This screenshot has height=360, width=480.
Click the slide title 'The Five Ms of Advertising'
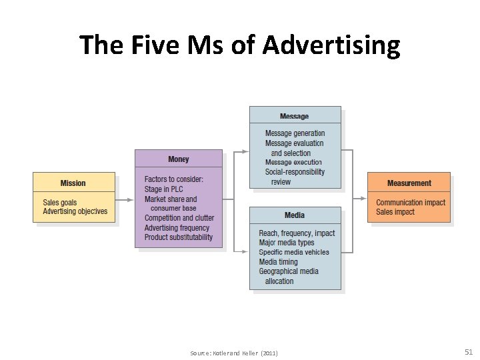pyautogui.click(x=240, y=46)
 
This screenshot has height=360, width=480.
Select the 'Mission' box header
pyautogui.click(x=73, y=183)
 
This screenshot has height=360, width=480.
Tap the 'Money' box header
pyautogui.click(x=179, y=159)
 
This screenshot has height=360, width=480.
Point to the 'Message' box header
pyautogui.click(x=295, y=116)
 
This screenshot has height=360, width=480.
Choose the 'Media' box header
pyautogui.click(x=295, y=215)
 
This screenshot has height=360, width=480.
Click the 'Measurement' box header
pyautogui.click(x=409, y=183)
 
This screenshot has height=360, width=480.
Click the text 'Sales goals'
pyautogui.click(x=60, y=203)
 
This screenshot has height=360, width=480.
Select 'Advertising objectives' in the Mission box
pyautogui.click(x=75, y=212)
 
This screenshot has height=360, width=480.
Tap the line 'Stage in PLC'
pyautogui.click(x=163, y=189)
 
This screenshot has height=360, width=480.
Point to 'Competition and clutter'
pyautogui.click(x=179, y=218)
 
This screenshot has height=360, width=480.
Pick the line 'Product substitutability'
pyautogui.click(x=179, y=237)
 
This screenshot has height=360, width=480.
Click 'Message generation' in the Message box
pyautogui.click(x=295, y=133)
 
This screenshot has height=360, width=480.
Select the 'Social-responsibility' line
pyautogui.click(x=295, y=172)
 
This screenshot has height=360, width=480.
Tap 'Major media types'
pyautogui.click(x=287, y=243)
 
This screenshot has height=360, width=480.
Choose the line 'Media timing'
pyautogui.click(x=279, y=262)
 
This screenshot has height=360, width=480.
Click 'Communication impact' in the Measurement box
pyautogui.click(x=411, y=203)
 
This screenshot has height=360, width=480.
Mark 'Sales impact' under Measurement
pyautogui.click(x=395, y=212)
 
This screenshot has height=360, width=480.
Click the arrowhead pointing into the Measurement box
pyautogui.click(x=363, y=198)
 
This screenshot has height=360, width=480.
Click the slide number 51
pyautogui.click(x=468, y=351)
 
